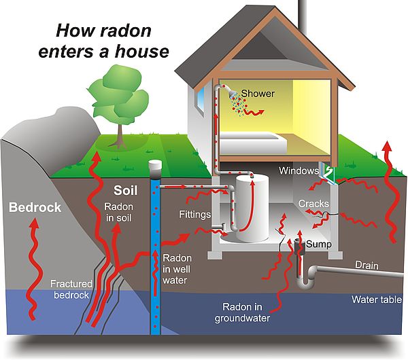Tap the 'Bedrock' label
[x=35, y=208]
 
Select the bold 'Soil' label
[x=126, y=190]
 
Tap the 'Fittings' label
[x=190, y=213]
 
